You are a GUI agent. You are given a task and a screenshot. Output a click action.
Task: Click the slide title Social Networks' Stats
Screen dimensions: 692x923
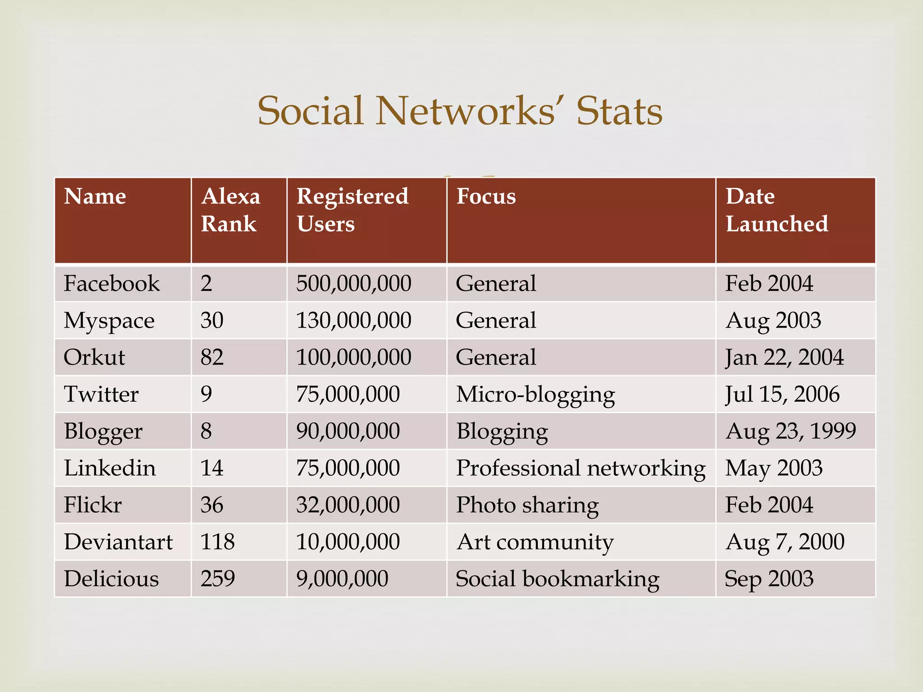point(460,111)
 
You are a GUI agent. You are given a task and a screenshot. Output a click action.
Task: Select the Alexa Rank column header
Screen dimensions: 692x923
point(231,210)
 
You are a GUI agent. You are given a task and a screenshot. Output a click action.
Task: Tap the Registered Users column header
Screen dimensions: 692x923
point(352,210)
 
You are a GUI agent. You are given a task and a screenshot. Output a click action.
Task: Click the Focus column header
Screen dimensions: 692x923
point(486,197)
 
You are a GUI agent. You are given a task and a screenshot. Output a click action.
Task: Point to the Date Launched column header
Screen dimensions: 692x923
point(777,210)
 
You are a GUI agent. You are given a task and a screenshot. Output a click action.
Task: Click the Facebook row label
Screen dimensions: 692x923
point(112,284)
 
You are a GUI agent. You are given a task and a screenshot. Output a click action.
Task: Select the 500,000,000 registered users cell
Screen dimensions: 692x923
point(353,284)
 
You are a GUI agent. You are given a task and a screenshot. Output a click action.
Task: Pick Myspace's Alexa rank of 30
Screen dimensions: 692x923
point(212,321)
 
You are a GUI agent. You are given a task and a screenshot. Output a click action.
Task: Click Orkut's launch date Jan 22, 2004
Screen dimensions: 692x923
point(784,358)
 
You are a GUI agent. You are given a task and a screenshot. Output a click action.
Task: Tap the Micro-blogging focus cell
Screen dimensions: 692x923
point(535,395)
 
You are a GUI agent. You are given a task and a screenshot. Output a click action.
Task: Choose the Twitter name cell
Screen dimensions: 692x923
point(101,395)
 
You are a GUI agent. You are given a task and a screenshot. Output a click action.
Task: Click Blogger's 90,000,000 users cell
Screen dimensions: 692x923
point(347,432)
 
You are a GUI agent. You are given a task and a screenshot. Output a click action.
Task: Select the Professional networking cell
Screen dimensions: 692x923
point(580,469)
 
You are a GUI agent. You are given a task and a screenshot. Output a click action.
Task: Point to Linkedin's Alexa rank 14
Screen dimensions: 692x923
point(212,469)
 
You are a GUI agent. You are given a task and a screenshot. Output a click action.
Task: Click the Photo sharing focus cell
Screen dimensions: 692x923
point(527,505)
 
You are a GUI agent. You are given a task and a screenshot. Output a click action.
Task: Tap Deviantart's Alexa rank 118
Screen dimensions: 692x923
point(217,542)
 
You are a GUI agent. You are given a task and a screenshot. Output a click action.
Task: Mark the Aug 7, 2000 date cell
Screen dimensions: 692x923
point(785,542)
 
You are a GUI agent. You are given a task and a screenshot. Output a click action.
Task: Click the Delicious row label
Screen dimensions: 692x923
point(111,579)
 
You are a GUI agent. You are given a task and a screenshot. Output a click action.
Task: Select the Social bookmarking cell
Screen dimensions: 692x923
point(557,579)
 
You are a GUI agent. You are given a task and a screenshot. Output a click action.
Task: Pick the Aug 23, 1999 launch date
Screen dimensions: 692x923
point(790,432)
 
